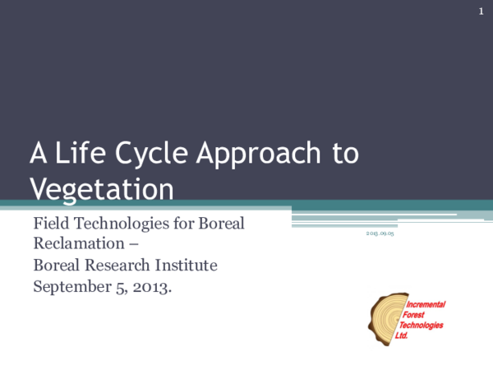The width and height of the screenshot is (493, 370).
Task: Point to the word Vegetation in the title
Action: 102,188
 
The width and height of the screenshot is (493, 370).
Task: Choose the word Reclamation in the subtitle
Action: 79,244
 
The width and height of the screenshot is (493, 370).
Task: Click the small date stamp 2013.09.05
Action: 380,234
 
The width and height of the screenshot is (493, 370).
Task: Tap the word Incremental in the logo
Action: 426,305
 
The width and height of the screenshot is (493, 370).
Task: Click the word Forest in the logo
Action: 419,315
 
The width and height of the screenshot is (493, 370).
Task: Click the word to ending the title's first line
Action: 344,155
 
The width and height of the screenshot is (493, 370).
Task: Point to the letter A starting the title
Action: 39,154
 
